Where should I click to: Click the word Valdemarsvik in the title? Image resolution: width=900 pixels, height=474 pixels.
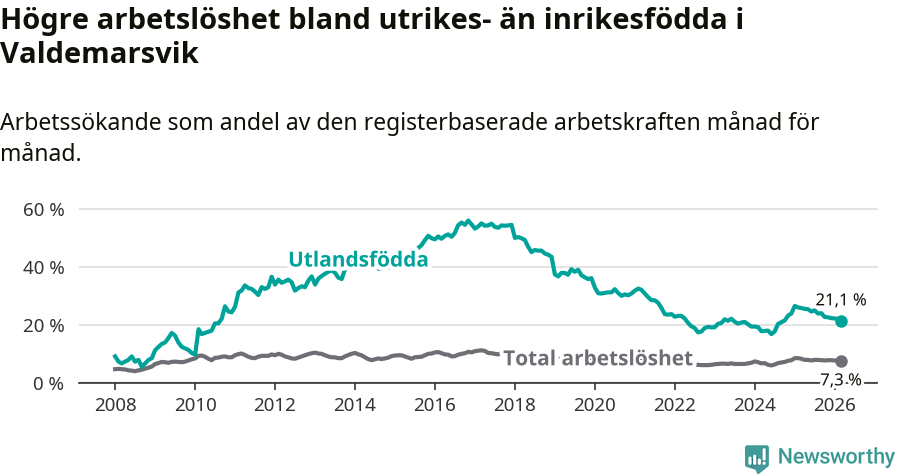coord(100,54)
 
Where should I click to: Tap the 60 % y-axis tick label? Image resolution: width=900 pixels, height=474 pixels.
coord(43,210)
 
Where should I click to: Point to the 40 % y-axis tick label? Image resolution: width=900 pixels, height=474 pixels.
coord(43,268)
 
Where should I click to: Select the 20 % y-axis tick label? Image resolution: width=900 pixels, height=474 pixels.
coord(43,326)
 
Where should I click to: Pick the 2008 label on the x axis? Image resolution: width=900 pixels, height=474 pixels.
coord(115,405)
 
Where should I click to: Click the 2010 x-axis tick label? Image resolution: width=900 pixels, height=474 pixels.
coord(195,405)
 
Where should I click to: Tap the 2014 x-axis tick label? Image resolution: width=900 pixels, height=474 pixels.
coord(355,405)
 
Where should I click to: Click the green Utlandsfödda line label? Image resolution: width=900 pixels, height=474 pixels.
coord(358,259)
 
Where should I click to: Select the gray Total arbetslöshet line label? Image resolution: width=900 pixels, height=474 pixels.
coord(597,358)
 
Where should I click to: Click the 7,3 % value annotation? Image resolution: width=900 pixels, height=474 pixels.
coord(840,379)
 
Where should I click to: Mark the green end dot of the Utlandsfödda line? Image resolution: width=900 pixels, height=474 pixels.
coord(842,321)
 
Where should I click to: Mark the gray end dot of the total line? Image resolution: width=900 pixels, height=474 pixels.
coord(842,361)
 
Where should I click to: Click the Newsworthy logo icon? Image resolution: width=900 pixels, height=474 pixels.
coord(757,458)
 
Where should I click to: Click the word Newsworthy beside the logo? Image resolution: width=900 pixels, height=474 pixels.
coord(836,457)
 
